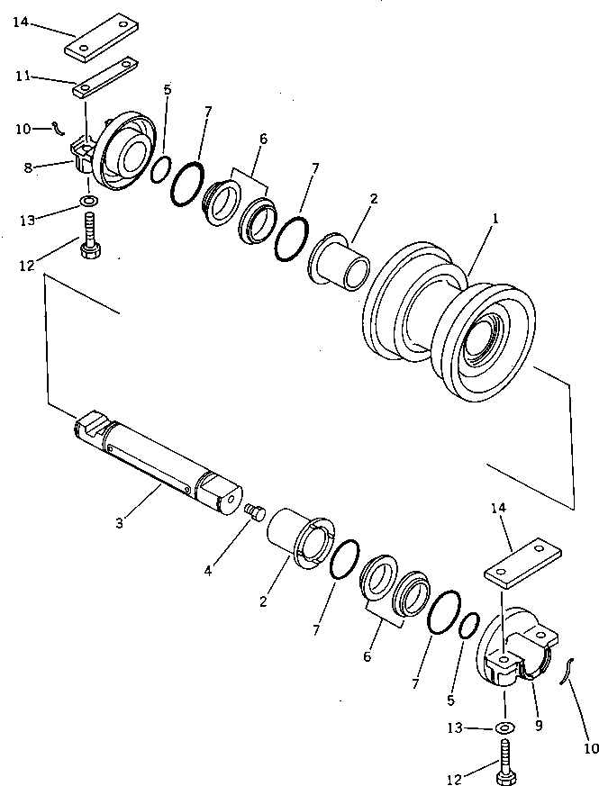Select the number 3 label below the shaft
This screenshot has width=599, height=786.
click(119, 519)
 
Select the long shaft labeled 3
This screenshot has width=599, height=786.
click(158, 461)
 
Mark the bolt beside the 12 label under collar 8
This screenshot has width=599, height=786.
click(90, 238)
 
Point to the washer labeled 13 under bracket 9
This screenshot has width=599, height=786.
click(505, 727)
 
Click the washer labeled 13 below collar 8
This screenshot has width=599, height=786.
click(90, 200)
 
